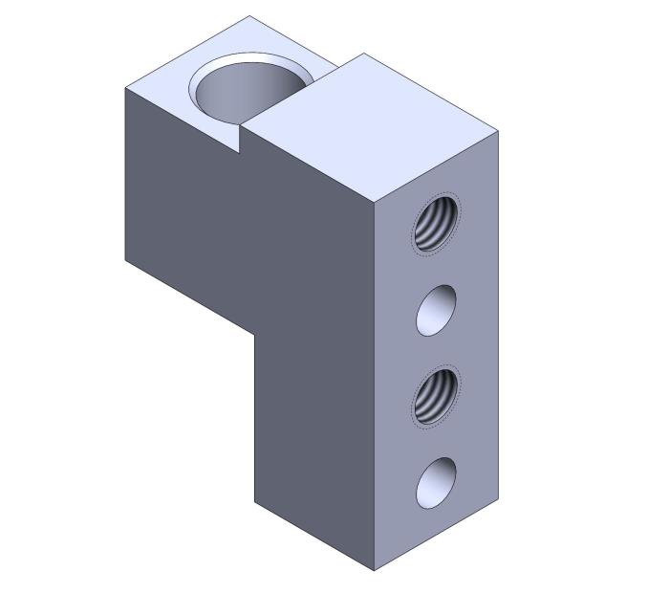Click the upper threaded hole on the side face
tap(436, 223)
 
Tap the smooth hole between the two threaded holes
tap(436, 310)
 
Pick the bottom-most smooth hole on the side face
tap(436, 483)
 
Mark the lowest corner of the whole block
tap(374, 571)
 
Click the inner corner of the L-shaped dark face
tap(254, 334)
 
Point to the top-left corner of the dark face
tap(125, 88)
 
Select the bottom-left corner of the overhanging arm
tap(125, 259)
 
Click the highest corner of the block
tap(250, 15)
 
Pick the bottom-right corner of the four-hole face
tap(499, 497)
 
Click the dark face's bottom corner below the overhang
tap(254, 502)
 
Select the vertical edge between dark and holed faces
tap(374, 383)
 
